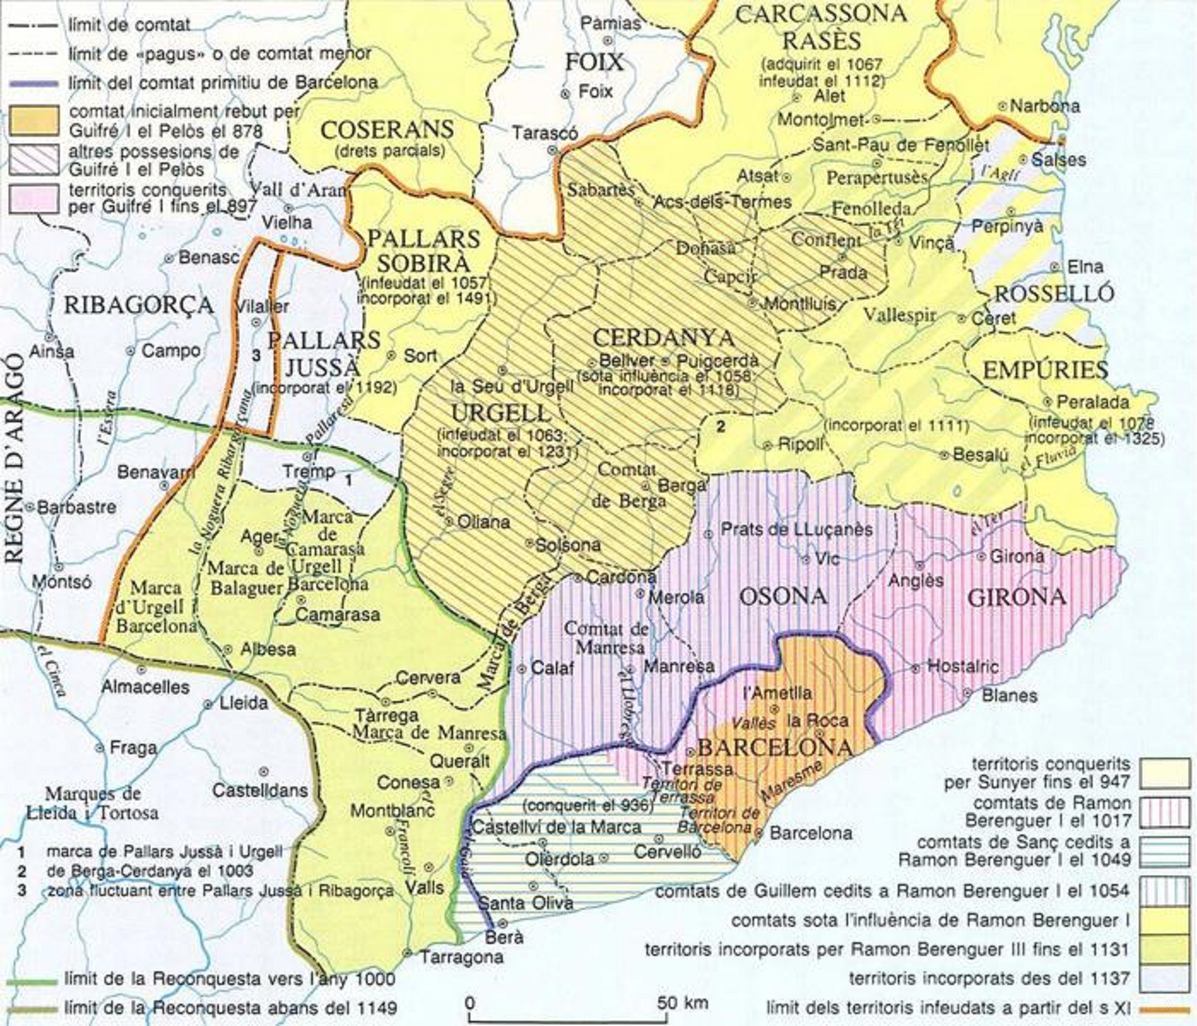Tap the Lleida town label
point(244,704)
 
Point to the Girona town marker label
point(1017,557)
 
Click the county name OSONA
point(783,596)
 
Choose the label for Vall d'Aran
point(287,190)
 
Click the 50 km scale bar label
point(683,1001)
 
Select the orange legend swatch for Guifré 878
point(35,121)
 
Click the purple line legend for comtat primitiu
point(35,83)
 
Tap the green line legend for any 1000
point(35,979)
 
